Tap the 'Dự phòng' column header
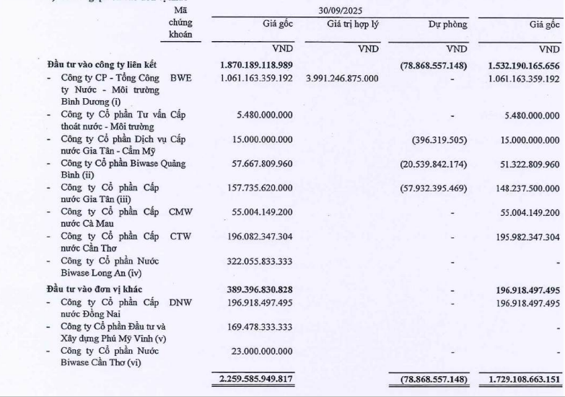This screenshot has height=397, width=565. pyautogui.click(x=447, y=25)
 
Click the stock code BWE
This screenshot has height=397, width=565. pyautogui.click(x=180, y=78)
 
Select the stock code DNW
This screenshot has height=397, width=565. pyautogui.click(x=181, y=302)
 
